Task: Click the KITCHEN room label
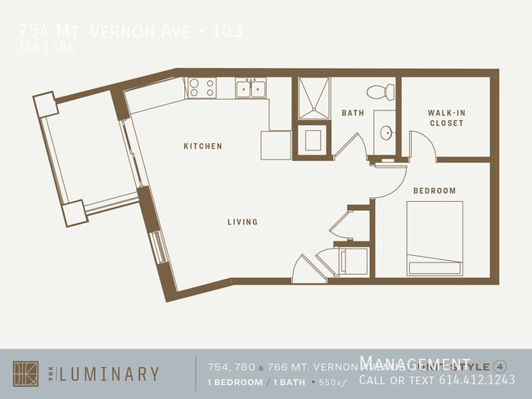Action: click(202, 146)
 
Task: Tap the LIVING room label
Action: click(242, 222)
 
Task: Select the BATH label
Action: click(353, 113)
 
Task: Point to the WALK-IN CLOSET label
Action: click(445, 118)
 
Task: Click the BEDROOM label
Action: click(434, 191)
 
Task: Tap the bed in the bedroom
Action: click(435, 239)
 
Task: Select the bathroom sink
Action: click(385, 134)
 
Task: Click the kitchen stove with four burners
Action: click(201, 87)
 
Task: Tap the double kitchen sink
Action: click(250, 87)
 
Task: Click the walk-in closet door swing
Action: click(422, 147)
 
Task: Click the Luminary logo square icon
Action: click(25, 374)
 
